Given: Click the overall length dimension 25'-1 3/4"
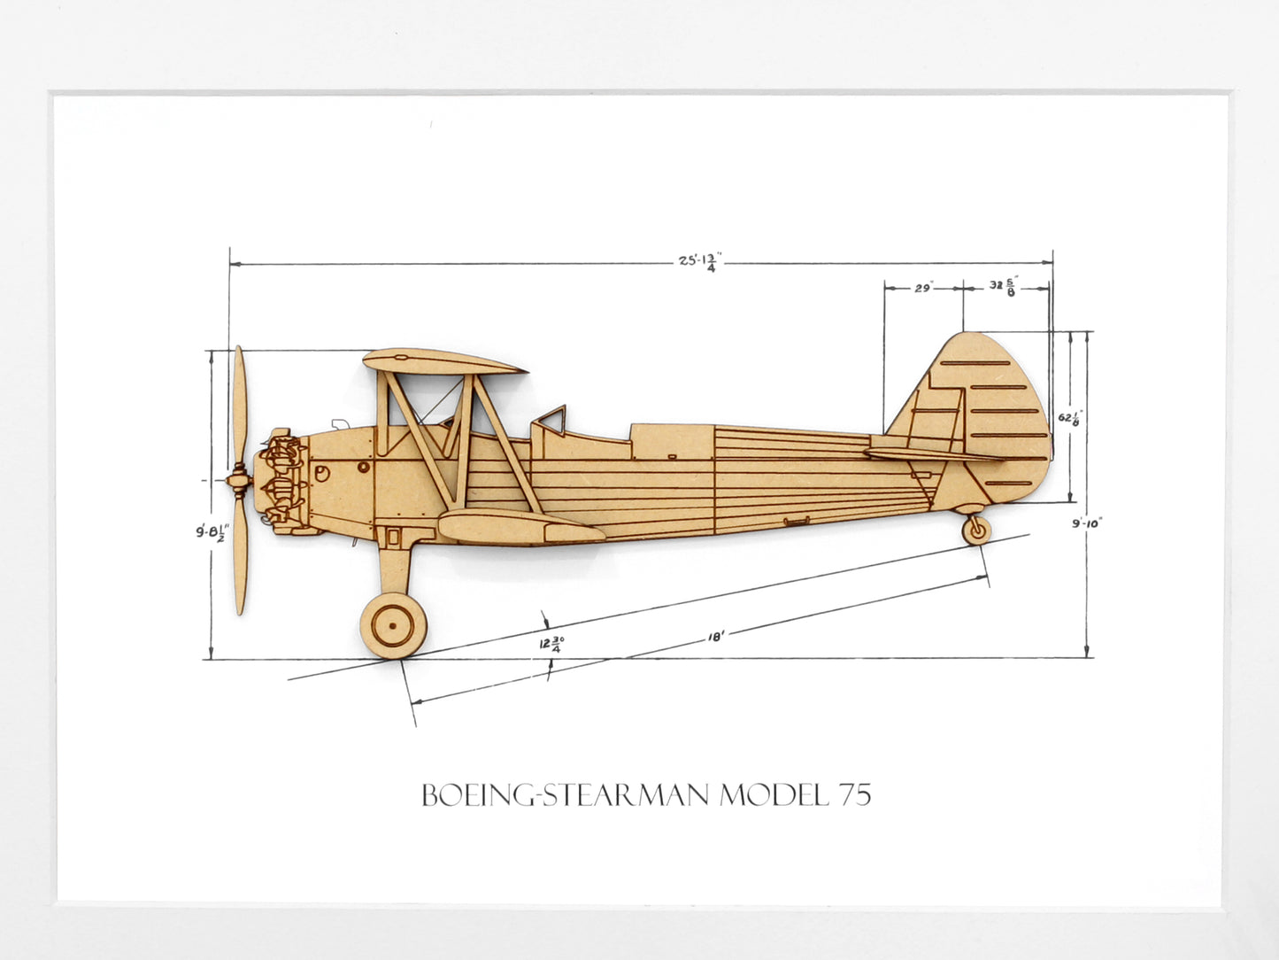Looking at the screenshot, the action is pos(700,262).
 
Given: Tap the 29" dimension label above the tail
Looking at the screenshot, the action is pos(923,288).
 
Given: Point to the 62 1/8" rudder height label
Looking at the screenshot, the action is pos(1070,418).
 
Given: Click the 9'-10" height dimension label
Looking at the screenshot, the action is pos(1087,523).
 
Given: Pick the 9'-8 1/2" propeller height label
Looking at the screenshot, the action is pos(212,533).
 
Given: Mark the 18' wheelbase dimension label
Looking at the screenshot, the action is pos(715,637).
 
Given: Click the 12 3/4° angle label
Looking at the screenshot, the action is pos(551,644).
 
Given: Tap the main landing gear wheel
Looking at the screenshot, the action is pos(393,625).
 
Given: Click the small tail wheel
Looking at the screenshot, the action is pos(976,530).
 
